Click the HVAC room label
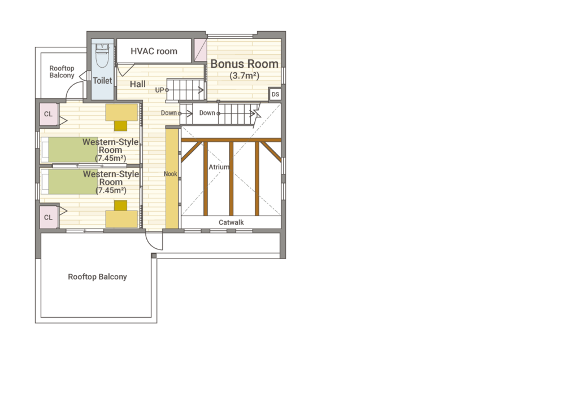pyautogui.click(x=154, y=51)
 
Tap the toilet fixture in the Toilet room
pyautogui.click(x=103, y=56)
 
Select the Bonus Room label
pyautogui.click(x=244, y=64)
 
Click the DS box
pyautogui.click(x=275, y=94)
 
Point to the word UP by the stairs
pyautogui.click(x=159, y=90)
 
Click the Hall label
pyautogui.click(x=138, y=84)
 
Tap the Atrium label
pyautogui.click(x=219, y=167)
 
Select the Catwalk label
pyautogui.click(x=231, y=222)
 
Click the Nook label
pyautogui.click(x=171, y=174)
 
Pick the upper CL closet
pyautogui.click(x=49, y=114)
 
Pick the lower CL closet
pyautogui.click(x=49, y=217)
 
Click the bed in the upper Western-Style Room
pyautogui.click(x=69, y=150)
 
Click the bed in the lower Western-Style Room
pyautogui.click(x=69, y=182)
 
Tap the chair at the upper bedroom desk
pyautogui.click(x=121, y=125)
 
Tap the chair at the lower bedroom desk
pyautogui.click(x=121, y=205)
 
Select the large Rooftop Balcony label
pyautogui.click(x=97, y=277)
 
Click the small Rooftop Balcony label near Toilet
pyautogui.click(x=62, y=72)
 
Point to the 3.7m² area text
pyautogui.click(x=244, y=76)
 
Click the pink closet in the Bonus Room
pyautogui.click(x=201, y=50)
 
